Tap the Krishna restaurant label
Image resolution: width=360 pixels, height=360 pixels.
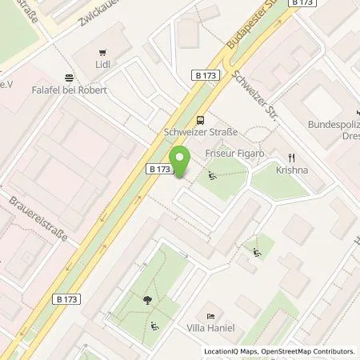coord(294,171)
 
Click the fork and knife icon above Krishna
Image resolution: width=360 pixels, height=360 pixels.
coord(294,158)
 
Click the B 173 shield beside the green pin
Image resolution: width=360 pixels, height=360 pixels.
coord(159,170)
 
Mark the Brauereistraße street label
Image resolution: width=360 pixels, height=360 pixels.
coord(38,222)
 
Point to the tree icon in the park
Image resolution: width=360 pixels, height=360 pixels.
coord(147,301)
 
